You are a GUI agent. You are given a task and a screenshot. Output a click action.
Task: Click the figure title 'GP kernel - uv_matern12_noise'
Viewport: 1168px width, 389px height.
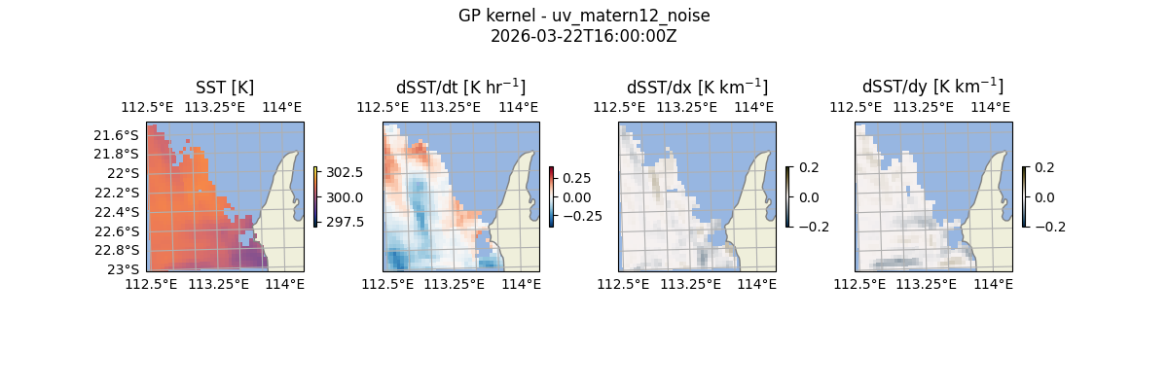[584, 16]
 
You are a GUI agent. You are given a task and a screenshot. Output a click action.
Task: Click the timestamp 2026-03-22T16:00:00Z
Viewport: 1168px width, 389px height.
[584, 36]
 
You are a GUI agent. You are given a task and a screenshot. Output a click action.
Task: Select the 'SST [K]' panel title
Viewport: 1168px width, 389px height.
[225, 87]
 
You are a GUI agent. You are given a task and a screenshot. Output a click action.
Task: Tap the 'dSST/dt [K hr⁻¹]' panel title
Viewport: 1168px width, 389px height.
[460, 87]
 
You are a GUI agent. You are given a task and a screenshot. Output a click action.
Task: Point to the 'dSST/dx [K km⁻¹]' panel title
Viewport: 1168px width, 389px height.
[697, 87]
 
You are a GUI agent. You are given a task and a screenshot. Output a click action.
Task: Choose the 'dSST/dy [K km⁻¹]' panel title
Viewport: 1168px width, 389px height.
[932, 87]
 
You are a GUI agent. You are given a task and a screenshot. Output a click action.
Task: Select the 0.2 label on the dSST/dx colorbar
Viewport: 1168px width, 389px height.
[809, 167]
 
